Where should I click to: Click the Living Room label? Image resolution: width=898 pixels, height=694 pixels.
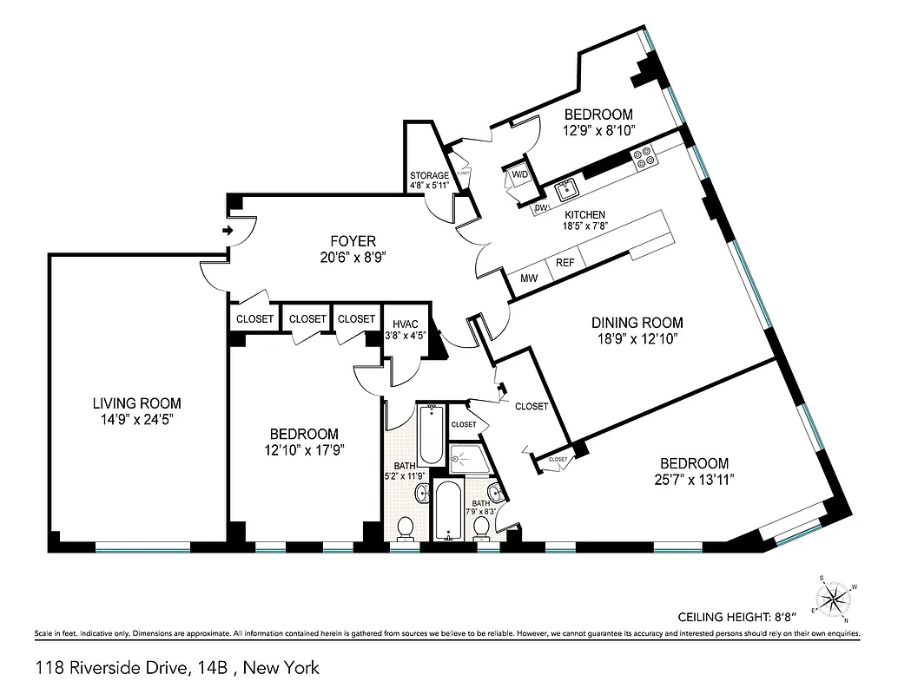[x=136, y=403]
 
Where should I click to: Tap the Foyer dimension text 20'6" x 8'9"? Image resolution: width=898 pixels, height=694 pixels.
[x=352, y=256]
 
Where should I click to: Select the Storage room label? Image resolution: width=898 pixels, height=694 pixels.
[x=430, y=175]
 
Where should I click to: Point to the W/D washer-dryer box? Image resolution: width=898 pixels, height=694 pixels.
[x=519, y=175]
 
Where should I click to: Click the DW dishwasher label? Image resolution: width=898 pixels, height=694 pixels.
[x=541, y=208]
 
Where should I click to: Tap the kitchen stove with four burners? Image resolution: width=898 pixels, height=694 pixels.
[x=644, y=157]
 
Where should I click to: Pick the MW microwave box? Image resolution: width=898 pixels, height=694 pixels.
[x=527, y=278]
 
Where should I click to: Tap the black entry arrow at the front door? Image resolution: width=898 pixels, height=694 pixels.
[x=228, y=230]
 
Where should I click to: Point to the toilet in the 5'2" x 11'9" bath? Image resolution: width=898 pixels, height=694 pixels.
[x=405, y=527]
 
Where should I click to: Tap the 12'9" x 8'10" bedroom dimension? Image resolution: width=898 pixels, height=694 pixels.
[x=598, y=130]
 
